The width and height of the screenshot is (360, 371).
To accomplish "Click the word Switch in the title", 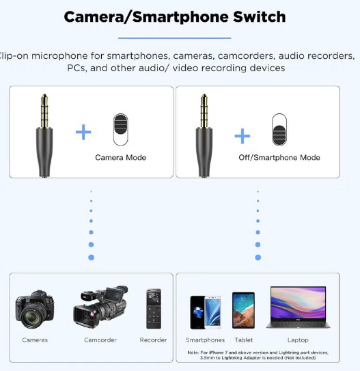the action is (x=260, y=17).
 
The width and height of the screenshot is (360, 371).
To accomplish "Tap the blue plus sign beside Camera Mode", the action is (x=83, y=132).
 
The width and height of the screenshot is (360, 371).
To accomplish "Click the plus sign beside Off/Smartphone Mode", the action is (x=243, y=136).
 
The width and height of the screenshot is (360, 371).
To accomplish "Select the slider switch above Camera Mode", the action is (x=121, y=130).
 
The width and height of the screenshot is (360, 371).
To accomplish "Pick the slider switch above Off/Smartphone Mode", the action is (x=279, y=130).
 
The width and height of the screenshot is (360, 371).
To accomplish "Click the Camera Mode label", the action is (x=121, y=158).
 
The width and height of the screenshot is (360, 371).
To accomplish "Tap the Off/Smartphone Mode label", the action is (x=279, y=158).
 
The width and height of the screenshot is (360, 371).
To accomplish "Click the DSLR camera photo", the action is (x=35, y=309).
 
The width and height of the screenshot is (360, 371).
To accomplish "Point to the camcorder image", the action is (x=101, y=307).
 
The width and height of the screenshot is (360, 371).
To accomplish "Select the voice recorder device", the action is (x=154, y=309).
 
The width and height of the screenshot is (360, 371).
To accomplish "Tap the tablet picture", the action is (x=243, y=310).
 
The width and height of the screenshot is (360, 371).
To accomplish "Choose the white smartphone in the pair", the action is (x=213, y=312).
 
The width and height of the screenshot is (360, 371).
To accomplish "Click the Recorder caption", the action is (x=153, y=340).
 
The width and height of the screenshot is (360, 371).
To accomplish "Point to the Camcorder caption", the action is (x=100, y=340).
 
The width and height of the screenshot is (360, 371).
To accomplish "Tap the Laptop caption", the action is (x=298, y=340).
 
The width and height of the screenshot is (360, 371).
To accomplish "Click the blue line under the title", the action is (x=175, y=38).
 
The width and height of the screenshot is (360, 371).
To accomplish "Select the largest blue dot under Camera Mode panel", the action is (x=91, y=258).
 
